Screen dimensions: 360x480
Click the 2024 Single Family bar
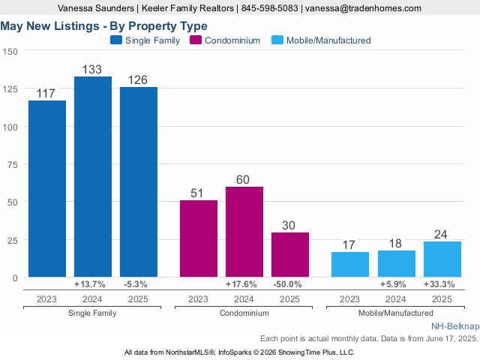(93, 177)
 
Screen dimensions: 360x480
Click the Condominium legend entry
(225, 40)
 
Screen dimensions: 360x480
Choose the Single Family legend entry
(145, 40)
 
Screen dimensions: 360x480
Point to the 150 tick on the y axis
(11, 51)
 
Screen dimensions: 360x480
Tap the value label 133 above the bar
(93, 69)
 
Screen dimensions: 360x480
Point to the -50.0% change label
(289, 285)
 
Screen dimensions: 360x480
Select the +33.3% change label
(442, 285)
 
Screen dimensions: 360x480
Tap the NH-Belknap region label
(454, 328)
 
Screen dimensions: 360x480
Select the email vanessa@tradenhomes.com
(362, 8)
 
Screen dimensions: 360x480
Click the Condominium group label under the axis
(244, 312)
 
